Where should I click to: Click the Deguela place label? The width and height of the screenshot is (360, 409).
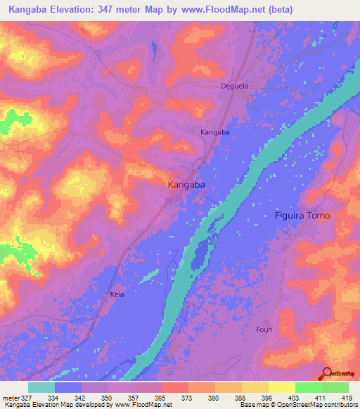click(231, 86)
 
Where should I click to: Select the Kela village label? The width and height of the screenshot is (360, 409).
click(117, 294)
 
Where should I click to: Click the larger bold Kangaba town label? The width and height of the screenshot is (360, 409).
click(186, 184)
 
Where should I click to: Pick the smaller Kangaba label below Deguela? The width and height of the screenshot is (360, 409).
click(216, 132)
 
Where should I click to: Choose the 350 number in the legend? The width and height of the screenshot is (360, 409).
click(108, 397)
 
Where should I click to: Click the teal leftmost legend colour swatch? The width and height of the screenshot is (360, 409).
click(41, 387)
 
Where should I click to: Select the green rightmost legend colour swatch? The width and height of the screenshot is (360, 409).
click(335, 387)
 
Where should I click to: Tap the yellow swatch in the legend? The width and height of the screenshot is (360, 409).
click(282, 387)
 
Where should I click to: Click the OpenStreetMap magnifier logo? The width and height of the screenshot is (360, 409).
click(326, 372)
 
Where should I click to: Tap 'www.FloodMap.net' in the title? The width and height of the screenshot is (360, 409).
click(219, 10)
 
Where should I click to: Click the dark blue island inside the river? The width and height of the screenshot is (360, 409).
click(201, 254)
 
